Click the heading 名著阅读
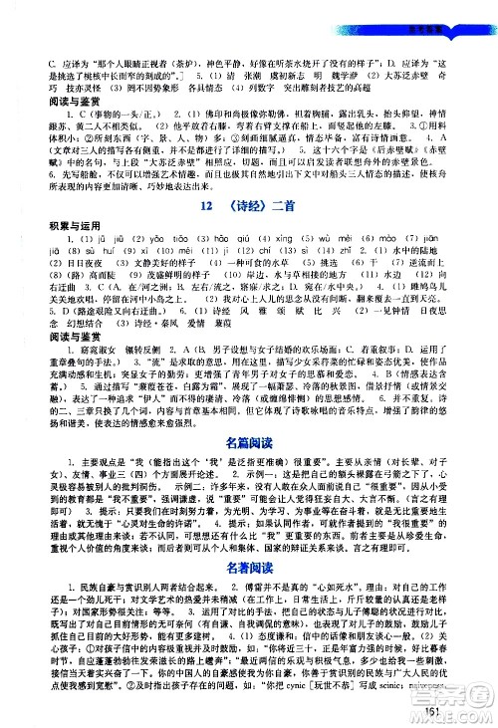click(x=249, y=566)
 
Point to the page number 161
click(x=459, y=710)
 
